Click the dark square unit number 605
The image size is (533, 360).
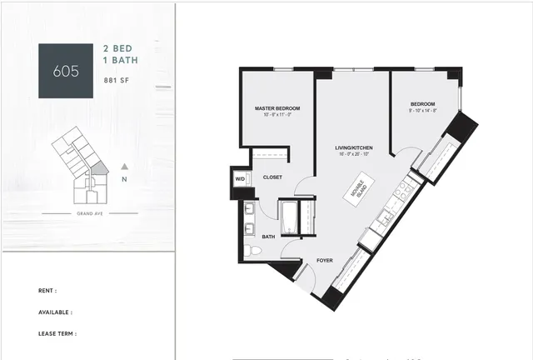pos(66,71)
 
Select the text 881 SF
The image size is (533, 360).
pos(117,81)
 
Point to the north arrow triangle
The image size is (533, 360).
pos(124,166)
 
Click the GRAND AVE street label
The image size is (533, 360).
pos(89,214)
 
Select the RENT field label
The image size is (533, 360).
pos(47,291)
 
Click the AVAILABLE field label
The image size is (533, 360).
pos(55,312)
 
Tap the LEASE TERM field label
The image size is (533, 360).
pos(57,333)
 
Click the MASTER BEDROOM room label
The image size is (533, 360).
pos(276,109)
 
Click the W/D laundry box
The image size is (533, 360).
pos(240,179)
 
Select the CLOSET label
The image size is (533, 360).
pos(272,177)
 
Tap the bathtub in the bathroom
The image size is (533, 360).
pos(288,217)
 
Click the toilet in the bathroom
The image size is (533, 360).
pos(252,251)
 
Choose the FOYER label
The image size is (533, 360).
pos(325,261)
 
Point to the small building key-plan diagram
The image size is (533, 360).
pos(80,167)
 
